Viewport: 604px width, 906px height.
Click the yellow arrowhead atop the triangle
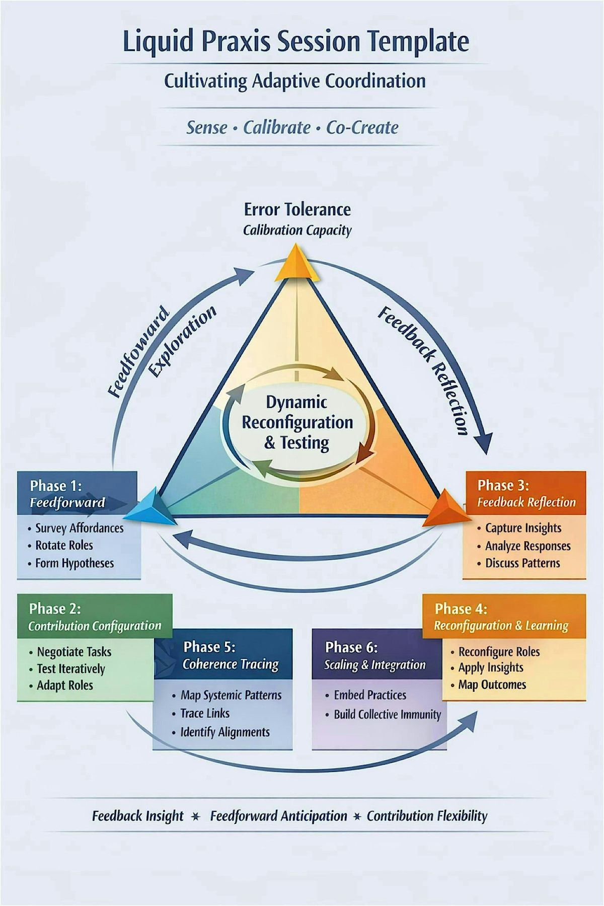[x=297, y=263]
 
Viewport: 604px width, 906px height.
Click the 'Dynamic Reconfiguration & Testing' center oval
[x=297, y=422]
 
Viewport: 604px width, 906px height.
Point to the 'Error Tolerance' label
[x=297, y=209]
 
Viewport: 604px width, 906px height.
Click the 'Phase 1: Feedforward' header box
[x=77, y=493]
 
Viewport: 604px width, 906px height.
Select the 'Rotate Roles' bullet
[x=64, y=545]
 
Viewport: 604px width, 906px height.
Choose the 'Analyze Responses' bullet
[x=527, y=546]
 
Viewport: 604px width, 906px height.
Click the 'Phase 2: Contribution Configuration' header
[x=95, y=617]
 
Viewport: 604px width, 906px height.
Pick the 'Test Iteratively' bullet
[x=71, y=669]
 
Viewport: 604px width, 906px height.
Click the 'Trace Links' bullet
[x=205, y=713]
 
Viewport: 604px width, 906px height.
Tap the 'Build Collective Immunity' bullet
[x=387, y=715]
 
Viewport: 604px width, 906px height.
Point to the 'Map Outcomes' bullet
[x=492, y=685]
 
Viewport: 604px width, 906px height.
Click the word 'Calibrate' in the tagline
[x=277, y=127]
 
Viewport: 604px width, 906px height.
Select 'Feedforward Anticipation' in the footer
[x=278, y=816]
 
